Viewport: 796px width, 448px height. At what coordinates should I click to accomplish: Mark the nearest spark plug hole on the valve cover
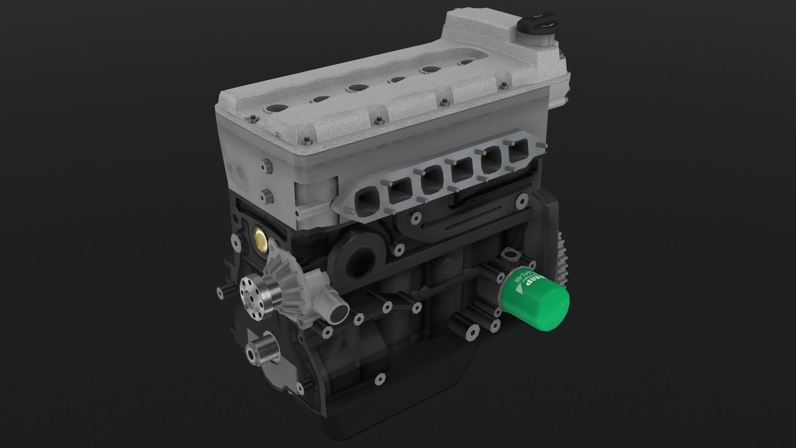tap(274, 109)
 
